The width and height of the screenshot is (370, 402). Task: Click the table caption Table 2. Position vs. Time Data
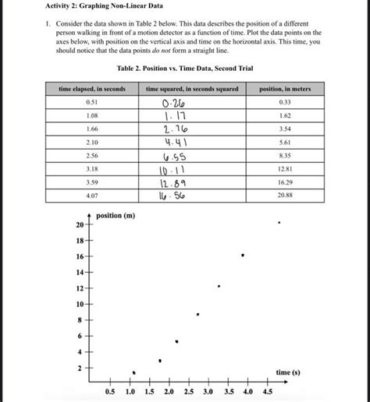click(184, 69)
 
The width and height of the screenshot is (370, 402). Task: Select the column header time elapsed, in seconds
click(92, 89)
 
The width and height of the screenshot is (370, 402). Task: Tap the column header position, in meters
click(284, 89)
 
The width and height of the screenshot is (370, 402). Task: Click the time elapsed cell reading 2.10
click(92, 143)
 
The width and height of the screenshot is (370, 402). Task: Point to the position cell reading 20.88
click(284, 197)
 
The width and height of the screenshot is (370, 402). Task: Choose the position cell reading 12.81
click(284, 170)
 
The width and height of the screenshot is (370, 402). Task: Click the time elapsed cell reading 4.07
click(92, 197)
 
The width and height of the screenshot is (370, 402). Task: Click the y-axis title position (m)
click(115, 214)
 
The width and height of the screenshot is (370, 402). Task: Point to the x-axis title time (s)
click(288, 372)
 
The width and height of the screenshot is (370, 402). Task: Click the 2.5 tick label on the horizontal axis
click(189, 392)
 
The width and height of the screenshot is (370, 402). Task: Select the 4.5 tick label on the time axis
click(268, 392)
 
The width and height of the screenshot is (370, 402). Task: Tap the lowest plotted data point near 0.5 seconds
click(133, 372)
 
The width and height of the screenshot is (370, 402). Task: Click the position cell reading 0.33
click(284, 102)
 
